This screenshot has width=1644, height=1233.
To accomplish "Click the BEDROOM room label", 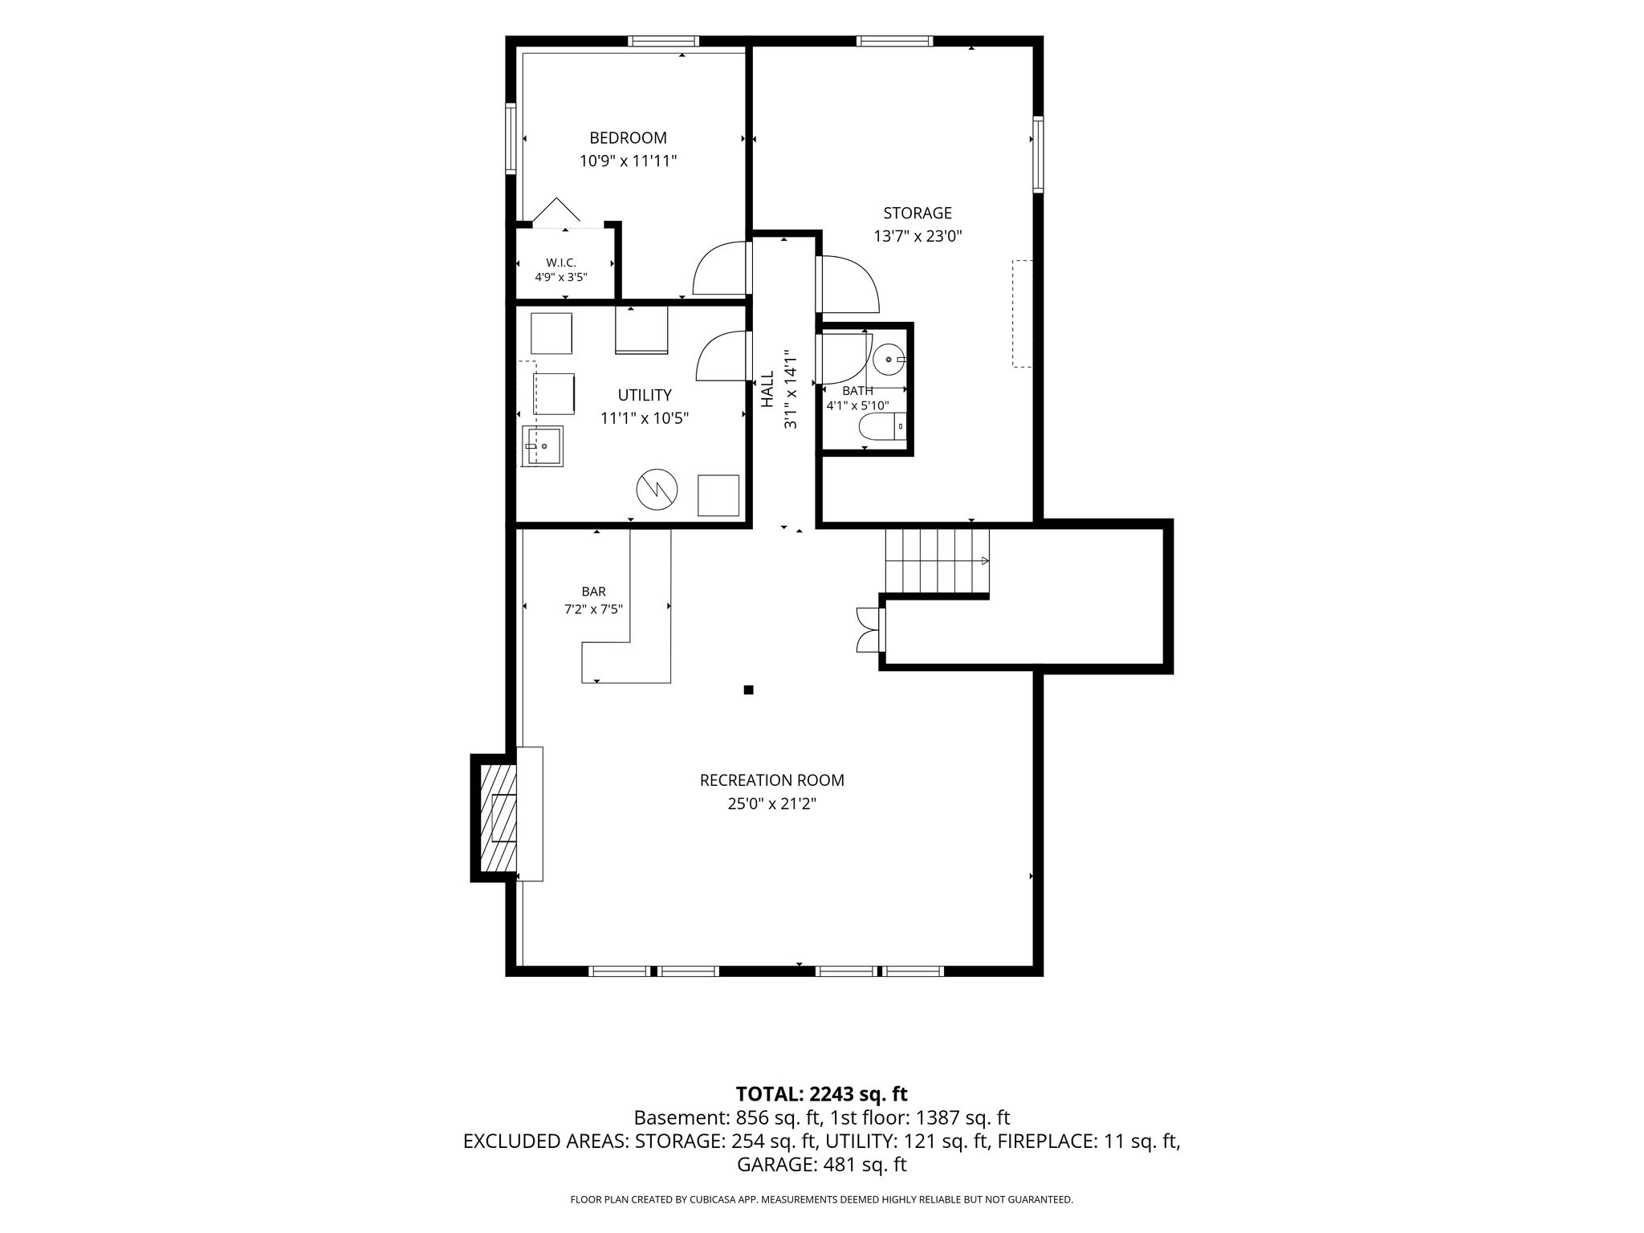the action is coord(628,138).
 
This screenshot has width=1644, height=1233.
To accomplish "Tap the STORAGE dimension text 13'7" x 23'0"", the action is coord(918,237).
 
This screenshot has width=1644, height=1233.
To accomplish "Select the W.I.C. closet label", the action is coord(561,262).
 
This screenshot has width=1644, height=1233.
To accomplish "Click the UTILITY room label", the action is coord(645,395).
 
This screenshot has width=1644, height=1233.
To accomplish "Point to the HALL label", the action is coord(767,389).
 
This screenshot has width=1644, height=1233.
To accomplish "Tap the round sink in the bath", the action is coord(889,360).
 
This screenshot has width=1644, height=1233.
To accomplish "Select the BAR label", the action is coord(594,592).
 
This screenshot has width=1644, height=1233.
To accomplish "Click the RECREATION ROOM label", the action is coord(772,780).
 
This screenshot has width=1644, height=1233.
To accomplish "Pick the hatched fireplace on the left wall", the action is coord(498,818).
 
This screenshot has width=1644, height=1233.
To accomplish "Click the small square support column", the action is coord(749,690).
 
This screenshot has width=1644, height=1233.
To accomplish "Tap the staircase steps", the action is coord(937,561).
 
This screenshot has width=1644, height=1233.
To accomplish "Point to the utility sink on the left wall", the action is coord(543,446).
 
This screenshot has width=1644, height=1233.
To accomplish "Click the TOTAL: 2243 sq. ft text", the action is coord(821,1093).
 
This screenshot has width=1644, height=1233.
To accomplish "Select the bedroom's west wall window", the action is coord(511,138).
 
